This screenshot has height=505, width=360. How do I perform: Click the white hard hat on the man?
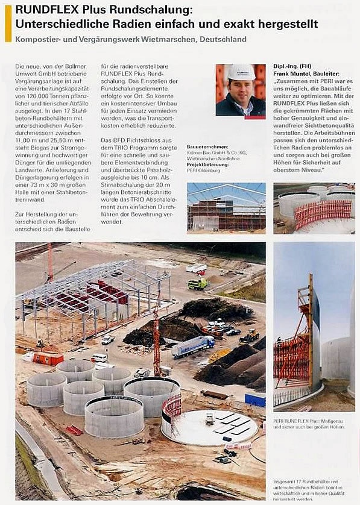pyautogui.click(x=241, y=72)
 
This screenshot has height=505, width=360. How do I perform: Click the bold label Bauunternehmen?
pyautogui.click(x=207, y=146)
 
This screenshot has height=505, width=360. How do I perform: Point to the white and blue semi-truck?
pyautogui.click(x=192, y=346)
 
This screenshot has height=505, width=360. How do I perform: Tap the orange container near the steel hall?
pyautogui.click(x=48, y=359)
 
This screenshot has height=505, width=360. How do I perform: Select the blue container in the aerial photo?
pyautogui.click(x=254, y=400)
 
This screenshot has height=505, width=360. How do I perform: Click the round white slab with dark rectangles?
pyautogui.click(x=217, y=425)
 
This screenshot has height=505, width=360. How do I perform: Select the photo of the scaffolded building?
pyautogui.click(x=226, y=207)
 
